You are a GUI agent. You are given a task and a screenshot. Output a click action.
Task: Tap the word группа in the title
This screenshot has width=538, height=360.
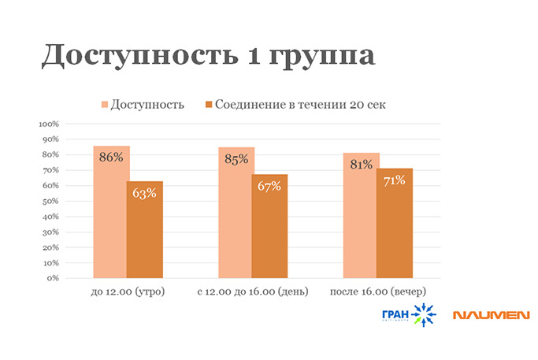click(322, 58)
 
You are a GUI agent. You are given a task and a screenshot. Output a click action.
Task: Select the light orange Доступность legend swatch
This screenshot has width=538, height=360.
click(104, 104)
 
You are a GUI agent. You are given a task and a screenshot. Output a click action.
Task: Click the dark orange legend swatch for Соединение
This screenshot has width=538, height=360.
click(209, 104)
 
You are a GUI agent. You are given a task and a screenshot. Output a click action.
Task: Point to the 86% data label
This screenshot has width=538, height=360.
click(111, 157)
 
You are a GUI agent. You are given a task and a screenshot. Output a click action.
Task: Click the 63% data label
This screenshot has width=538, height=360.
click(144, 193)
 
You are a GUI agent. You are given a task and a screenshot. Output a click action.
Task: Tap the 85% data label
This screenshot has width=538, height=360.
click(236, 158)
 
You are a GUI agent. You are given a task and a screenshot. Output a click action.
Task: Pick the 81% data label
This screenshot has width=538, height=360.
click(361, 165)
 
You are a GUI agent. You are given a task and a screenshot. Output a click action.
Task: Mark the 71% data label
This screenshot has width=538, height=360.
click(394, 180)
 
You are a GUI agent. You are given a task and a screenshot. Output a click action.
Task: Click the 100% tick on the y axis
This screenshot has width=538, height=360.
click(49, 124)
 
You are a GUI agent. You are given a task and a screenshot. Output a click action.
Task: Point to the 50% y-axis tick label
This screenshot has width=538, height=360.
click(50, 201)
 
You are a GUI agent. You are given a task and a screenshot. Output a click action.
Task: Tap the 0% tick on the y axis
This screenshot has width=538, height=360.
click(54, 278)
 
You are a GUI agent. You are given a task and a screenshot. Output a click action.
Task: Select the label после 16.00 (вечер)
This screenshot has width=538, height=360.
click(377, 293)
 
